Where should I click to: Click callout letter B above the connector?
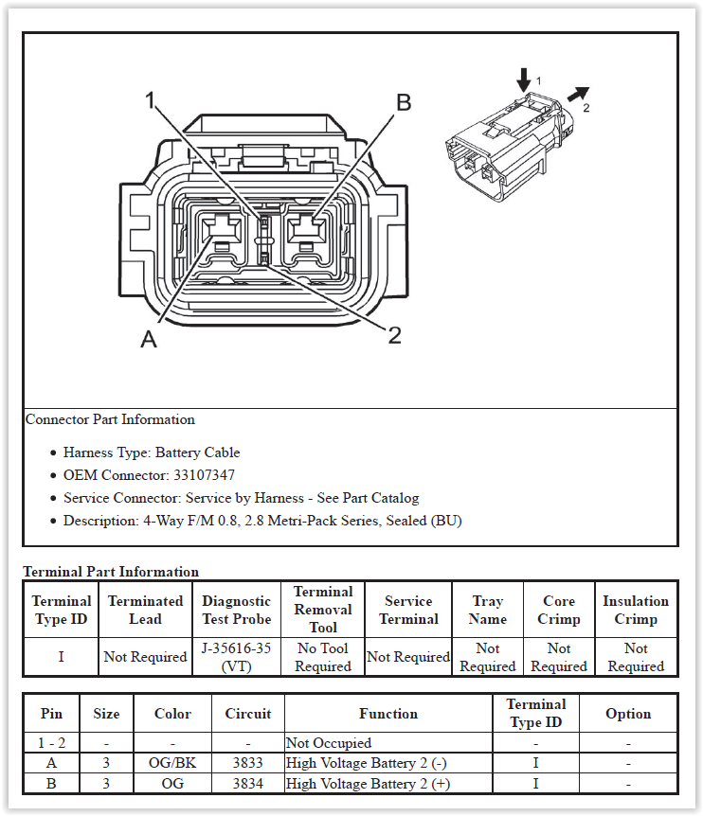(403, 103)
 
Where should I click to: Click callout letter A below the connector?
(149, 339)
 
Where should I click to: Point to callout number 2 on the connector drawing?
(395, 334)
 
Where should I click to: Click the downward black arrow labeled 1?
(523, 80)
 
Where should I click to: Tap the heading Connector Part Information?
(110, 419)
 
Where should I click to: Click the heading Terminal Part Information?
(111, 572)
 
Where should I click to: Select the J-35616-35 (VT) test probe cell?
(236, 657)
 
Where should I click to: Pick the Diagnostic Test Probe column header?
(236, 610)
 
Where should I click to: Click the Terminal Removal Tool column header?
(323, 610)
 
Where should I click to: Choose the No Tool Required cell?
(323, 657)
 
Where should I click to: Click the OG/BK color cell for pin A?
(172, 763)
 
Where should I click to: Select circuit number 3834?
(248, 784)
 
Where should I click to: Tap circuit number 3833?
(248, 763)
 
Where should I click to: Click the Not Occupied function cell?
(329, 743)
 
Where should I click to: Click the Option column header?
(628, 714)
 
